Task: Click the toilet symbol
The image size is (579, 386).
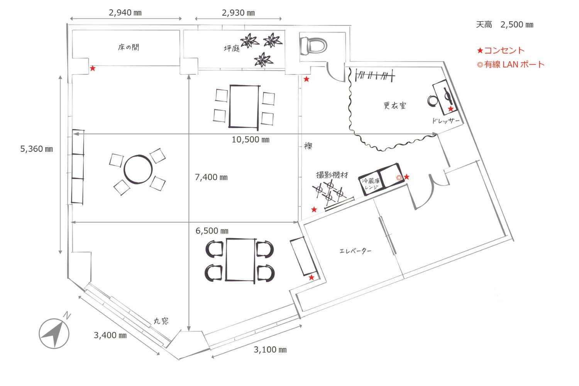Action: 313,46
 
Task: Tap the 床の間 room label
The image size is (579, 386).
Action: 129,47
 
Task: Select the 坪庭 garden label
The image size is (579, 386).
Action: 232,48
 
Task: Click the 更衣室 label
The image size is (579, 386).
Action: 394,105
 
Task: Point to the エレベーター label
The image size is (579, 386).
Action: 355,251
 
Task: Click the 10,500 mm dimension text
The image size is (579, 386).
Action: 250,140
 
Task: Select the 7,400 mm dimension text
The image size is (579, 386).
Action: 211,177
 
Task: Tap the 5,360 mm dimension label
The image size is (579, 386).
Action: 36,149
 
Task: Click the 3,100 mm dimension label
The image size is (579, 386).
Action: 270,350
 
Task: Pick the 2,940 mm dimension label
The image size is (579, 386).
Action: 125,12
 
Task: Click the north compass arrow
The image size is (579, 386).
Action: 54,334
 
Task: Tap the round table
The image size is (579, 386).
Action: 138,169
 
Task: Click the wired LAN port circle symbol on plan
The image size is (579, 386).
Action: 399,178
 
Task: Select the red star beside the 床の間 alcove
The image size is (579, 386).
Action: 93,68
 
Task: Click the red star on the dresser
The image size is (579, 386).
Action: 450,109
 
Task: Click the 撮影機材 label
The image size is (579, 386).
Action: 332,175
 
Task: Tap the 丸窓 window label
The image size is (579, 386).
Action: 161,321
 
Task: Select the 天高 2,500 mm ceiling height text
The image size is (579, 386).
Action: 505,25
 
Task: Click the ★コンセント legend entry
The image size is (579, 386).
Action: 501,50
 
